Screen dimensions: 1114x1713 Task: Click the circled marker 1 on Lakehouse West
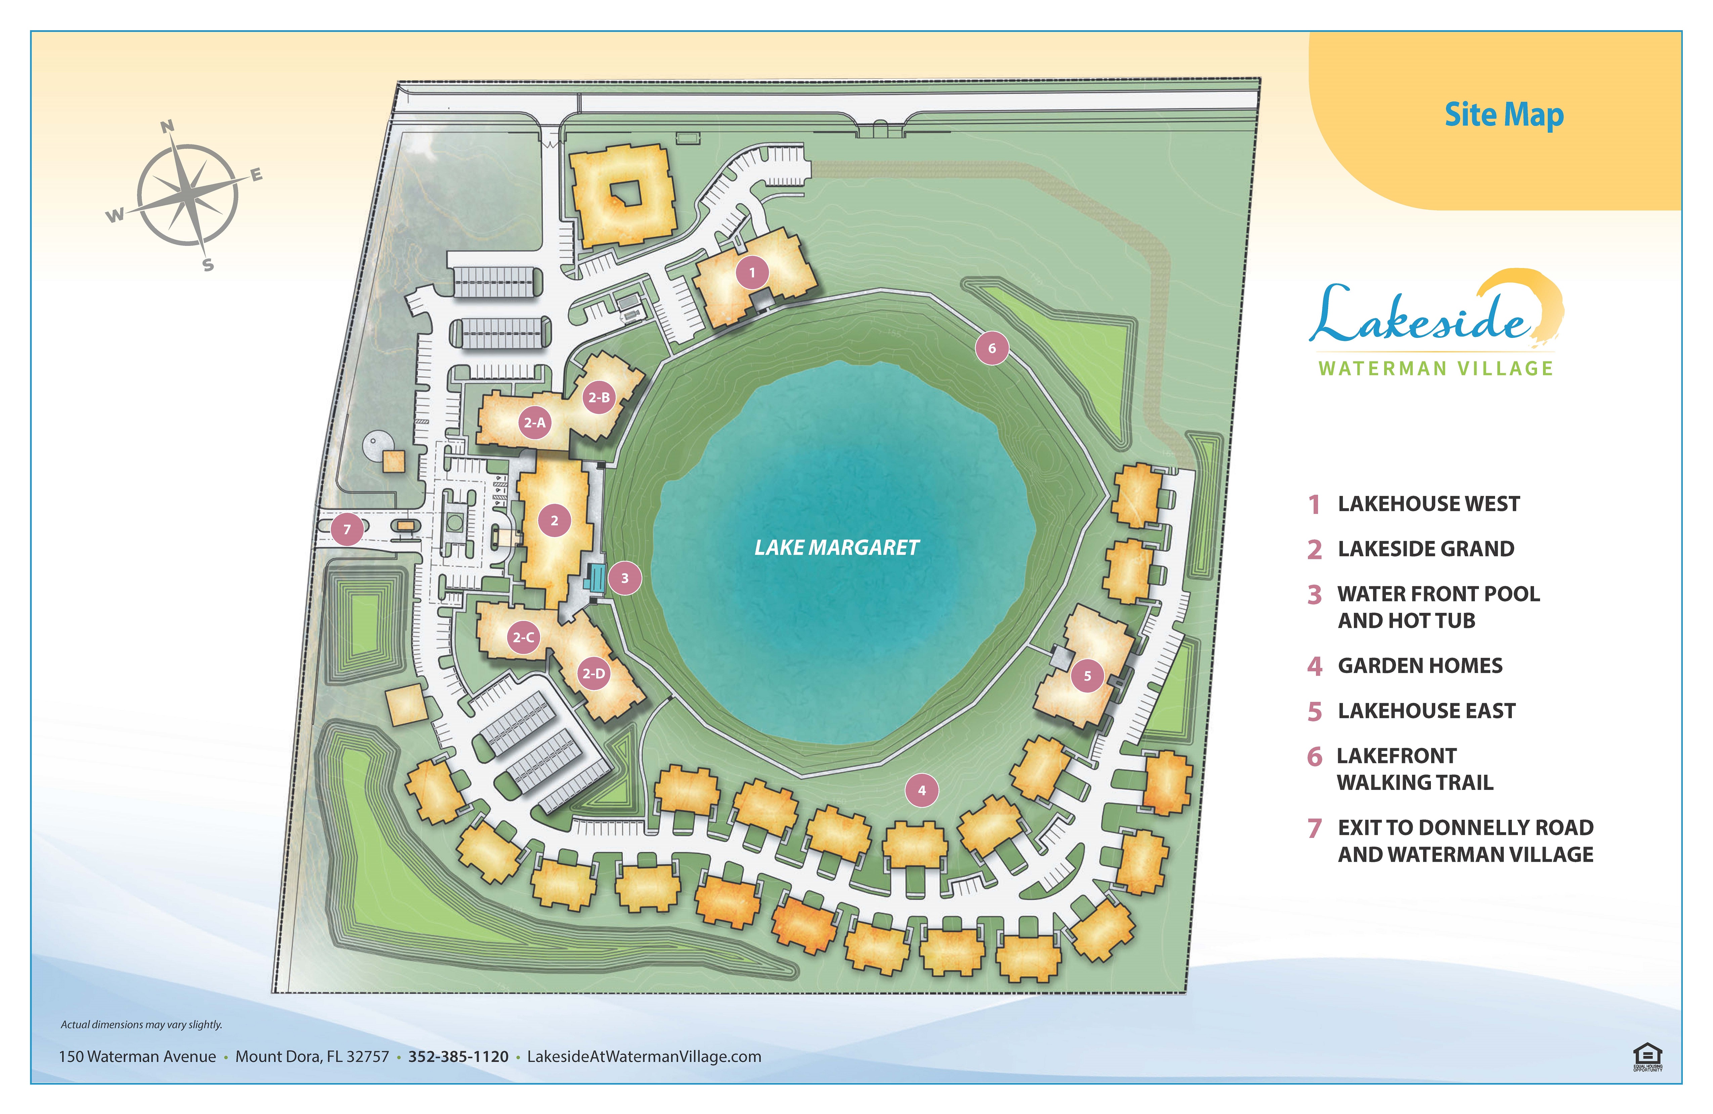752,273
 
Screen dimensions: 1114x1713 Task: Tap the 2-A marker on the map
534,422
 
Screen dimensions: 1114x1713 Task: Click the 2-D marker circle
594,674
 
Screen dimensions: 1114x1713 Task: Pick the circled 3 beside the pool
625,578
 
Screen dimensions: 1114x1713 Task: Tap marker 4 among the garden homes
922,790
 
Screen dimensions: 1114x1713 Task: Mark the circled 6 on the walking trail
992,348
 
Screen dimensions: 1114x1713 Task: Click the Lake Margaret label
836,548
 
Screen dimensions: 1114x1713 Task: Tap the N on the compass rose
167,127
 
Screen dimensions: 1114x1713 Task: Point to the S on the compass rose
208,265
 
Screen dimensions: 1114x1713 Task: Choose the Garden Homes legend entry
1419,666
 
